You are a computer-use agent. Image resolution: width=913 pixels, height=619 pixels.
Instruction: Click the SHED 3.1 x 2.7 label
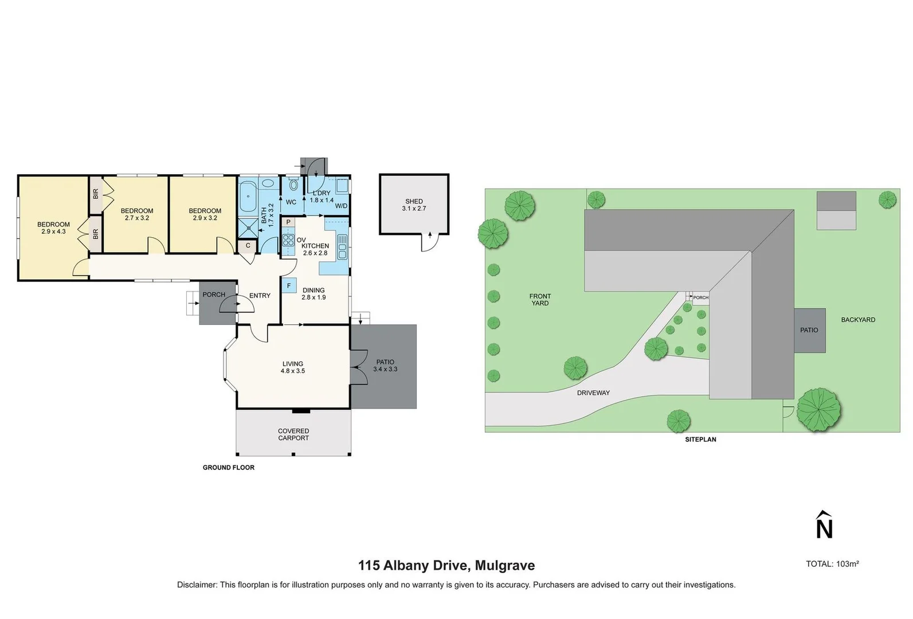414,205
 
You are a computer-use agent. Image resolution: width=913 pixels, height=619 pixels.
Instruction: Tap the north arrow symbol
824,525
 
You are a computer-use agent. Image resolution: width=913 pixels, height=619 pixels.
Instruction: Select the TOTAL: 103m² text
832,564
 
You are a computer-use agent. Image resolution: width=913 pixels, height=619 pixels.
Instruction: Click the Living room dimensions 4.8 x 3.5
293,371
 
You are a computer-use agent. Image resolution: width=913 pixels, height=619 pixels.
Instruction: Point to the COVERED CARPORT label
293,434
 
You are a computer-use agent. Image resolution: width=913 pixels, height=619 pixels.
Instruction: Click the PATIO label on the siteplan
809,330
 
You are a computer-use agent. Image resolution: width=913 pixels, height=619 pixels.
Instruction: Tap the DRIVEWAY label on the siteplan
593,393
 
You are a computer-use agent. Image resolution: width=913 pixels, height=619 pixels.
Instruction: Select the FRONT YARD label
540,300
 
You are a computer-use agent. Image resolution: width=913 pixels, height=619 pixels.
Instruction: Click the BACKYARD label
858,320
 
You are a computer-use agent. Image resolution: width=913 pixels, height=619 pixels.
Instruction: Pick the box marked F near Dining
289,285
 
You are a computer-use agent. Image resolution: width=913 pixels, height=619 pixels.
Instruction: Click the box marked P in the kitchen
288,222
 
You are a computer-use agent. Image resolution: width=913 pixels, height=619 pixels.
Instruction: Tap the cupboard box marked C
248,245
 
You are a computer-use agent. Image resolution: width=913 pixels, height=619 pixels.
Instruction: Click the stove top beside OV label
288,240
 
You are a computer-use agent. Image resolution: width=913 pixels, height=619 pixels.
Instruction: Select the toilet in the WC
293,185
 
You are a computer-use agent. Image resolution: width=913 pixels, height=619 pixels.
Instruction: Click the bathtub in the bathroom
248,197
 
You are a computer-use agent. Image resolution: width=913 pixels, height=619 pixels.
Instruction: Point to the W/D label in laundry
341,206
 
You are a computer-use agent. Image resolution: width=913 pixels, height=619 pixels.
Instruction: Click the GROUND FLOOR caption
228,468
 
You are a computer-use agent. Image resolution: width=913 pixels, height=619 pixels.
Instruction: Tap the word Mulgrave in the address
505,566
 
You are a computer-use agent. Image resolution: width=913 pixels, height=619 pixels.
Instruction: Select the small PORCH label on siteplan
700,297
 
